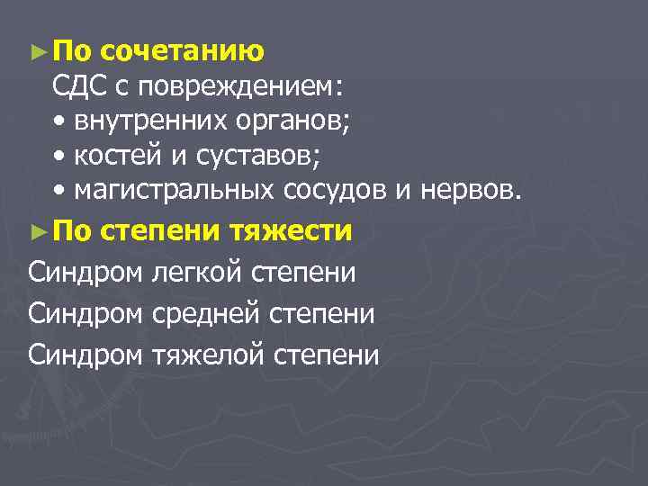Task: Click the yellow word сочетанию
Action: click(x=183, y=51)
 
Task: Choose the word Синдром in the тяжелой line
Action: click(x=85, y=355)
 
